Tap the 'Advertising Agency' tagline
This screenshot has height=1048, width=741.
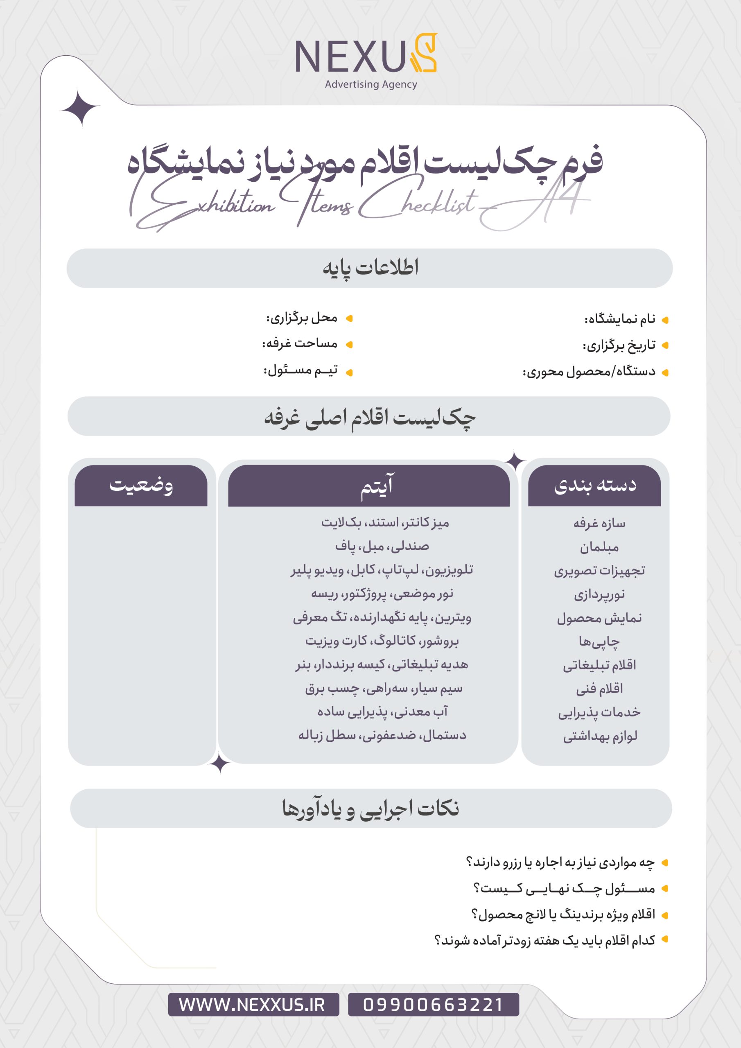pyautogui.click(x=371, y=84)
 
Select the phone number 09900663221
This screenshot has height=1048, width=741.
pyautogui.click(x=433, y=1005)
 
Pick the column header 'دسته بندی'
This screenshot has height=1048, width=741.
pyautogui.click(x=595, y=485)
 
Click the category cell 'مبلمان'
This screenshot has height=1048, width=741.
pyautogui.click(x=599, y=547)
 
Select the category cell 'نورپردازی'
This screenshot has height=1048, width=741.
pyautogui.click(x=599, y=594)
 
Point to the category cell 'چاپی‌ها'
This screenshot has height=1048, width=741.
pyautogui.click(x=599, y=642)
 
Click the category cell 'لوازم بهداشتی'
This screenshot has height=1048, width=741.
pyautogui.click(x=599, y=736)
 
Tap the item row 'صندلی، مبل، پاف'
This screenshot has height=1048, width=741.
pyautogui.click(x=382, y=547)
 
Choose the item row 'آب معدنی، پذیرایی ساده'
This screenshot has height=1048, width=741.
pyautogui.click(x=382, y=711)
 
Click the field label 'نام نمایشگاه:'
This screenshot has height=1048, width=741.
pyautogui.click(x=619, y=319)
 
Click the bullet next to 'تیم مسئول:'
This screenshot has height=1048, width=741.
pyautogui.click(x=349, y=373)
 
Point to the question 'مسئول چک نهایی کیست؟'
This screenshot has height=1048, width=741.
pyautogui.click(x=564, y=888)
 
